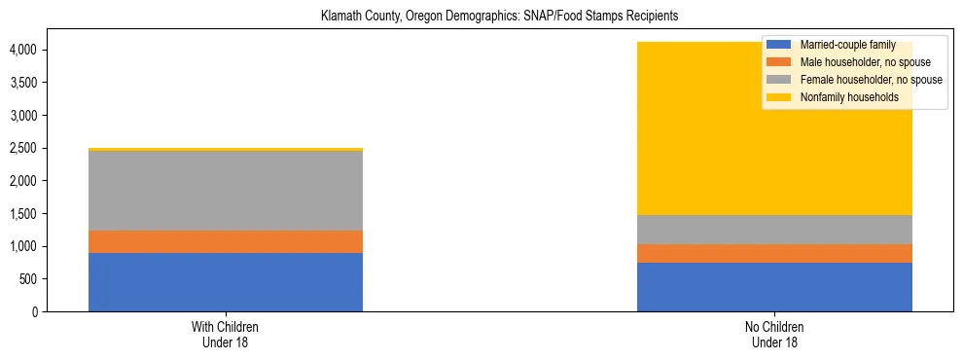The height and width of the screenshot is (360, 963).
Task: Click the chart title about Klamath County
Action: coord(499,17)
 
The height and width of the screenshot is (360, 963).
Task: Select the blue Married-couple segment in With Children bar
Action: coord(225,282)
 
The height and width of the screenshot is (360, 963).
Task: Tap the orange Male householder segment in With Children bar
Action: coord(225,241)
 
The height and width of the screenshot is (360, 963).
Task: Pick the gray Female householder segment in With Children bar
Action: coord(225,191)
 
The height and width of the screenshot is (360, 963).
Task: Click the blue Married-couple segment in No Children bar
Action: coord(774,287)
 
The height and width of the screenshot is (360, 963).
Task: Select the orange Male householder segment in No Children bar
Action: coord(774,253)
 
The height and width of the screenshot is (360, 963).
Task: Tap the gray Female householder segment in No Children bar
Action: coord(774,230)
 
